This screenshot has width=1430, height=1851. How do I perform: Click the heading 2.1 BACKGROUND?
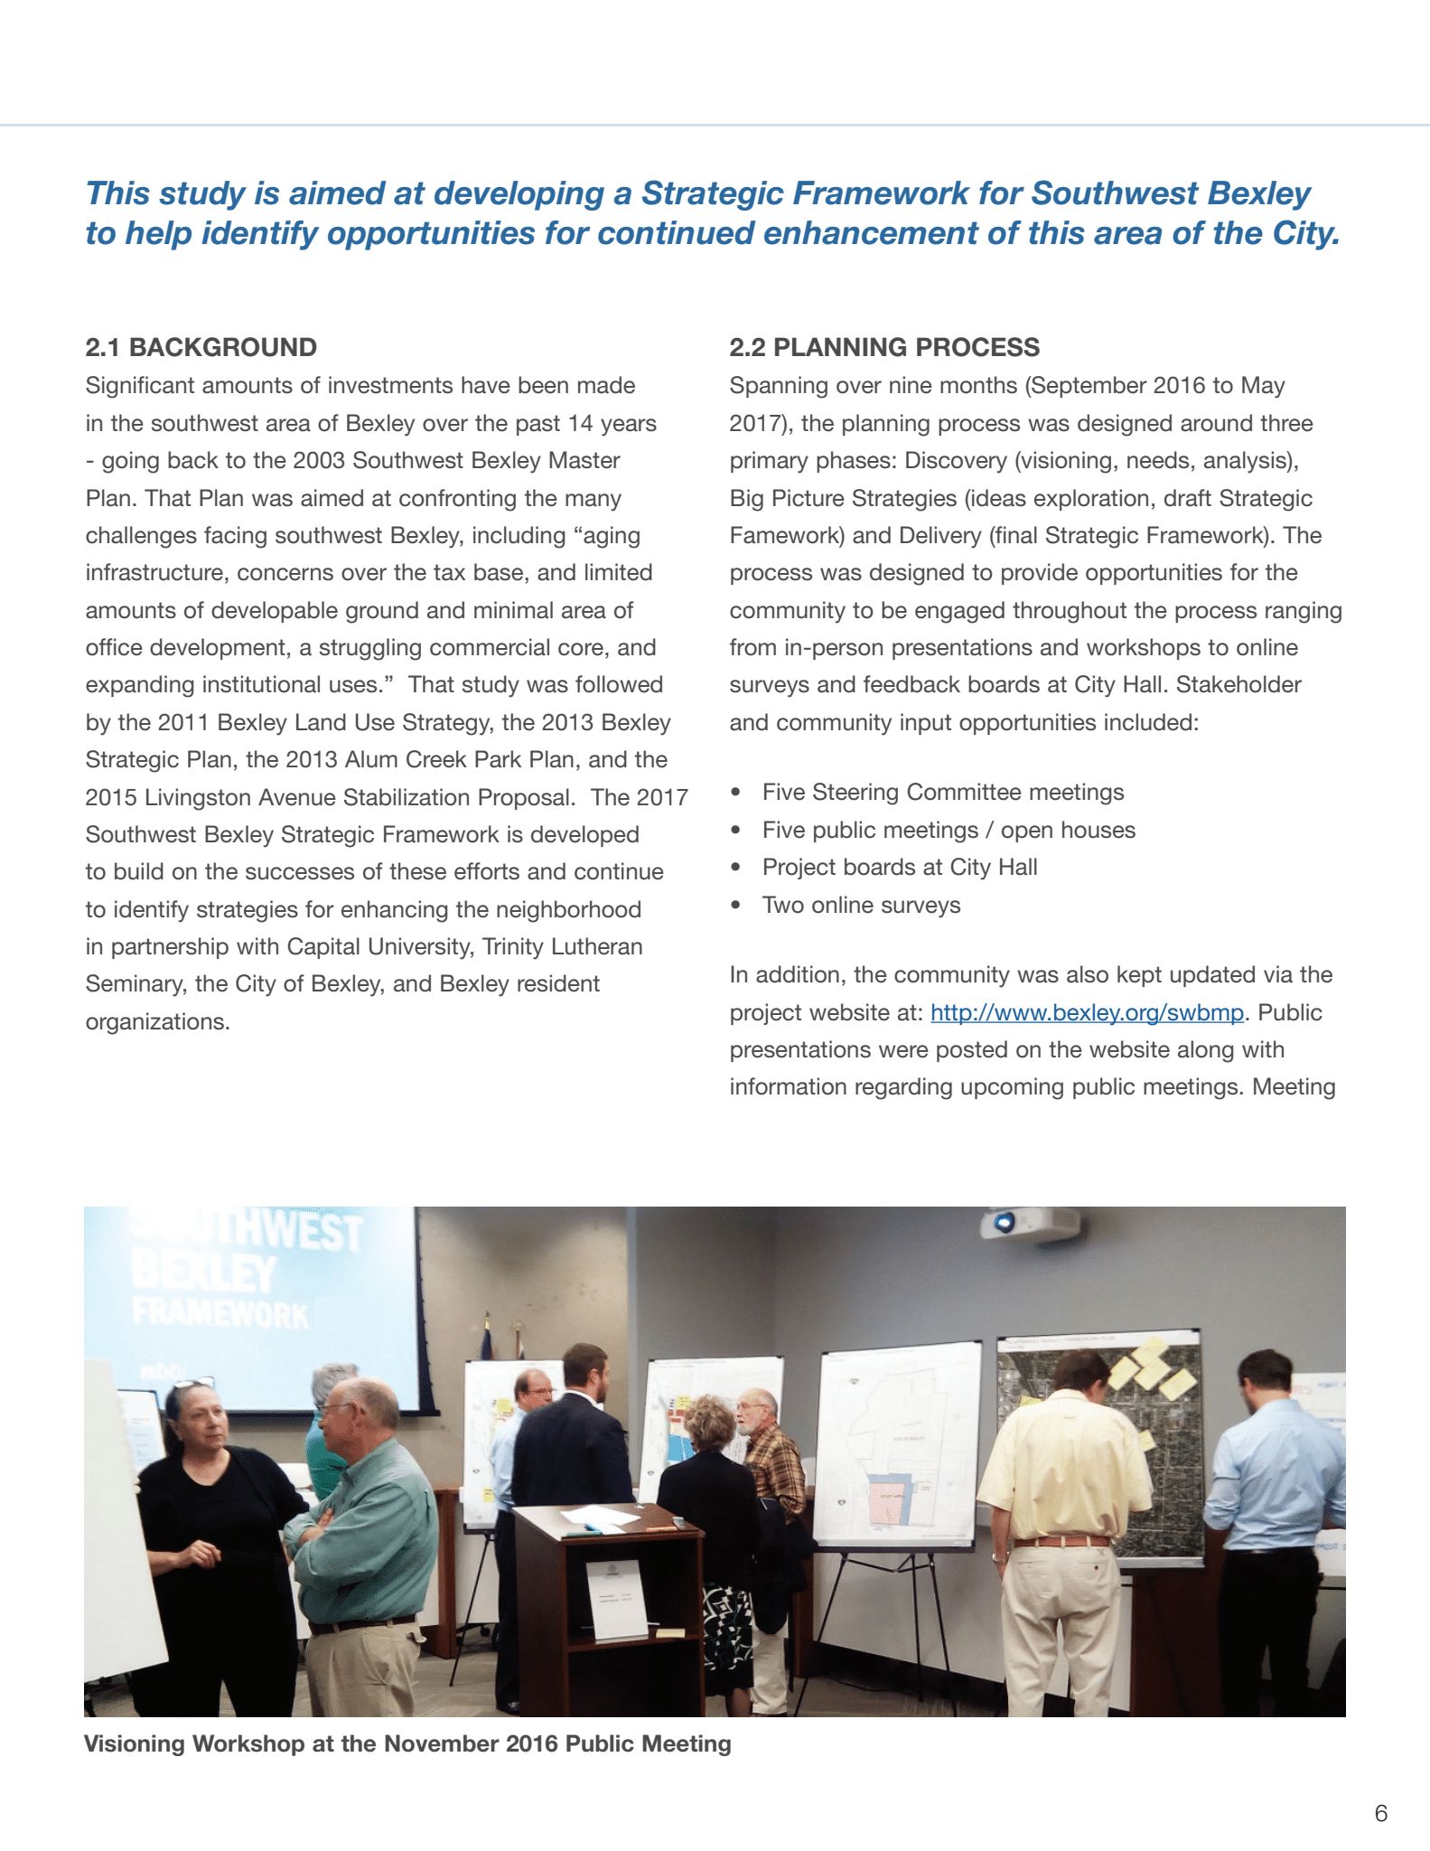(201, 347)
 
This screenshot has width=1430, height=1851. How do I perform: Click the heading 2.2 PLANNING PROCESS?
(883, 347)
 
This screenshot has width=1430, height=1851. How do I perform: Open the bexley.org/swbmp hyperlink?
(1087, 1012)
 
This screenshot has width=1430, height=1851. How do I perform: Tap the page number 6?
(1380, 1813)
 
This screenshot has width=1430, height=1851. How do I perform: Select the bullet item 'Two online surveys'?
(861, 905)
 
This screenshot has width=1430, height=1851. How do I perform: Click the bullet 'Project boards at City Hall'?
(899, 867)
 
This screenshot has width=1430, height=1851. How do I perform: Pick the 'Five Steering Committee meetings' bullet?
(942, 792)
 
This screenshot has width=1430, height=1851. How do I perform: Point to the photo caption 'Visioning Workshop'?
(407, 1743)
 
